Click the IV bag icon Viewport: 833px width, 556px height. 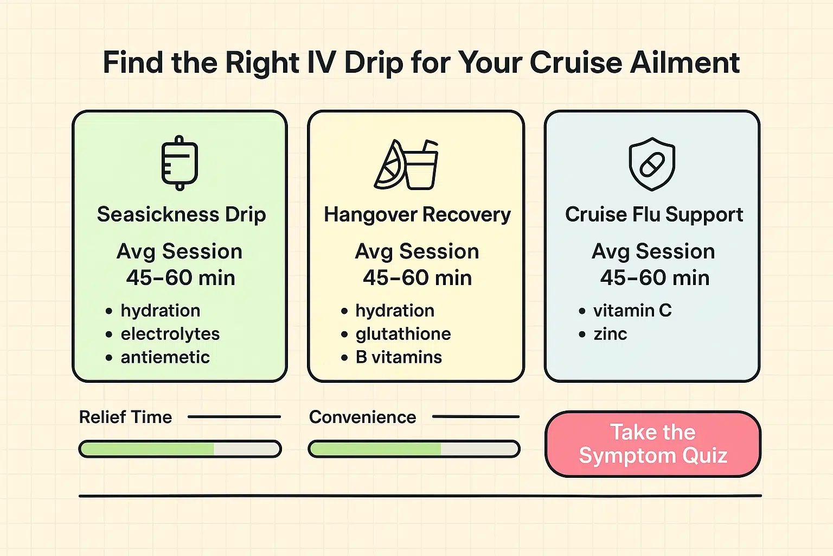click(180, 163)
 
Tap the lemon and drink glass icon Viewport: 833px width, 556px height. click(407, 165)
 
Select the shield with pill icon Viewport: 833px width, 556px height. click(652, 163)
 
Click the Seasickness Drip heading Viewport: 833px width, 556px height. click(181, 215)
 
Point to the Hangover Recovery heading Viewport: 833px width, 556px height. click(417, 215)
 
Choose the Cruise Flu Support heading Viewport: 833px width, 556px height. click(653, 215)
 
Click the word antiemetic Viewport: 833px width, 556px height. click(165, 357)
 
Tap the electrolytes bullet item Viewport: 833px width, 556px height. click(170, 334)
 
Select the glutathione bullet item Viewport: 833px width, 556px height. click(403, 334)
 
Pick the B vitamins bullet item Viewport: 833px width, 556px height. click(399, 357)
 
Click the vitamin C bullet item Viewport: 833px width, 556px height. click(632, 311)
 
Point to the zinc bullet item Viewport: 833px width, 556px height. click(610, 334)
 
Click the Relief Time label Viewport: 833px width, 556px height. click(125, 417)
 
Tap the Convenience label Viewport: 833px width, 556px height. click(362, 417)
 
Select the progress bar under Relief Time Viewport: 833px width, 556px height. click(180, 449)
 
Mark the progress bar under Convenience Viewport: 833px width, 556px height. click(414, 449)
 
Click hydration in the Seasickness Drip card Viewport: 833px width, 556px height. click(161, 311)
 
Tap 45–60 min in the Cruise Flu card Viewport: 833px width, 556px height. click(655, 278)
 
